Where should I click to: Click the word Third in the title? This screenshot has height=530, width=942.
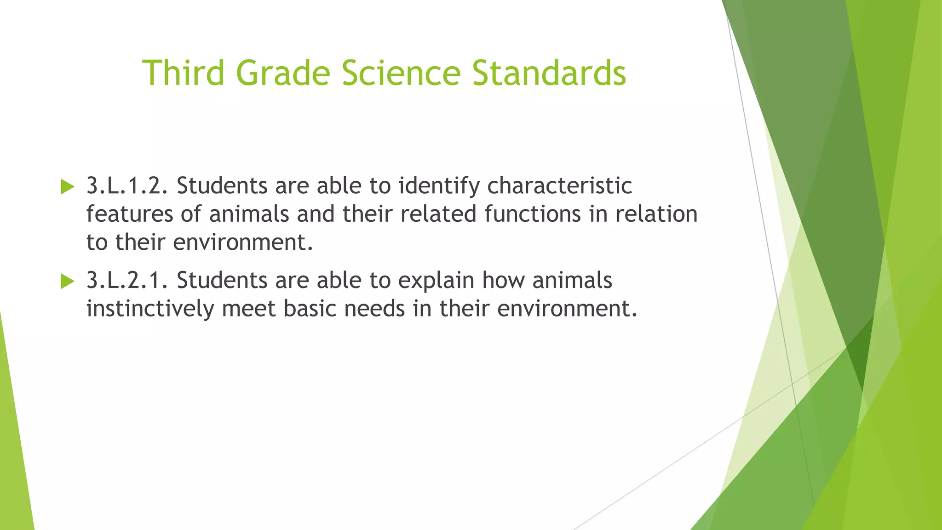point(184,73)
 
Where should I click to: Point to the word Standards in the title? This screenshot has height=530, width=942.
point(549,73)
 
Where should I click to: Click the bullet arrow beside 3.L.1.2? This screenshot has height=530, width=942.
point(67,187)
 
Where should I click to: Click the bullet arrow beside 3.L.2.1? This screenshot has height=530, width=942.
point(67,281)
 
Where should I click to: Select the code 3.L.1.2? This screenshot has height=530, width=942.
point(127,186)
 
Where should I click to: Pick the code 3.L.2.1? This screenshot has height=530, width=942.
point(127,280)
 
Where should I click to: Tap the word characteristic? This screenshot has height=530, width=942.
point(559,186)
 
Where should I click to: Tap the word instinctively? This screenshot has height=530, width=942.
point(150,308)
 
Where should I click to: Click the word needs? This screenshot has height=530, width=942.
point(374,308)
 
